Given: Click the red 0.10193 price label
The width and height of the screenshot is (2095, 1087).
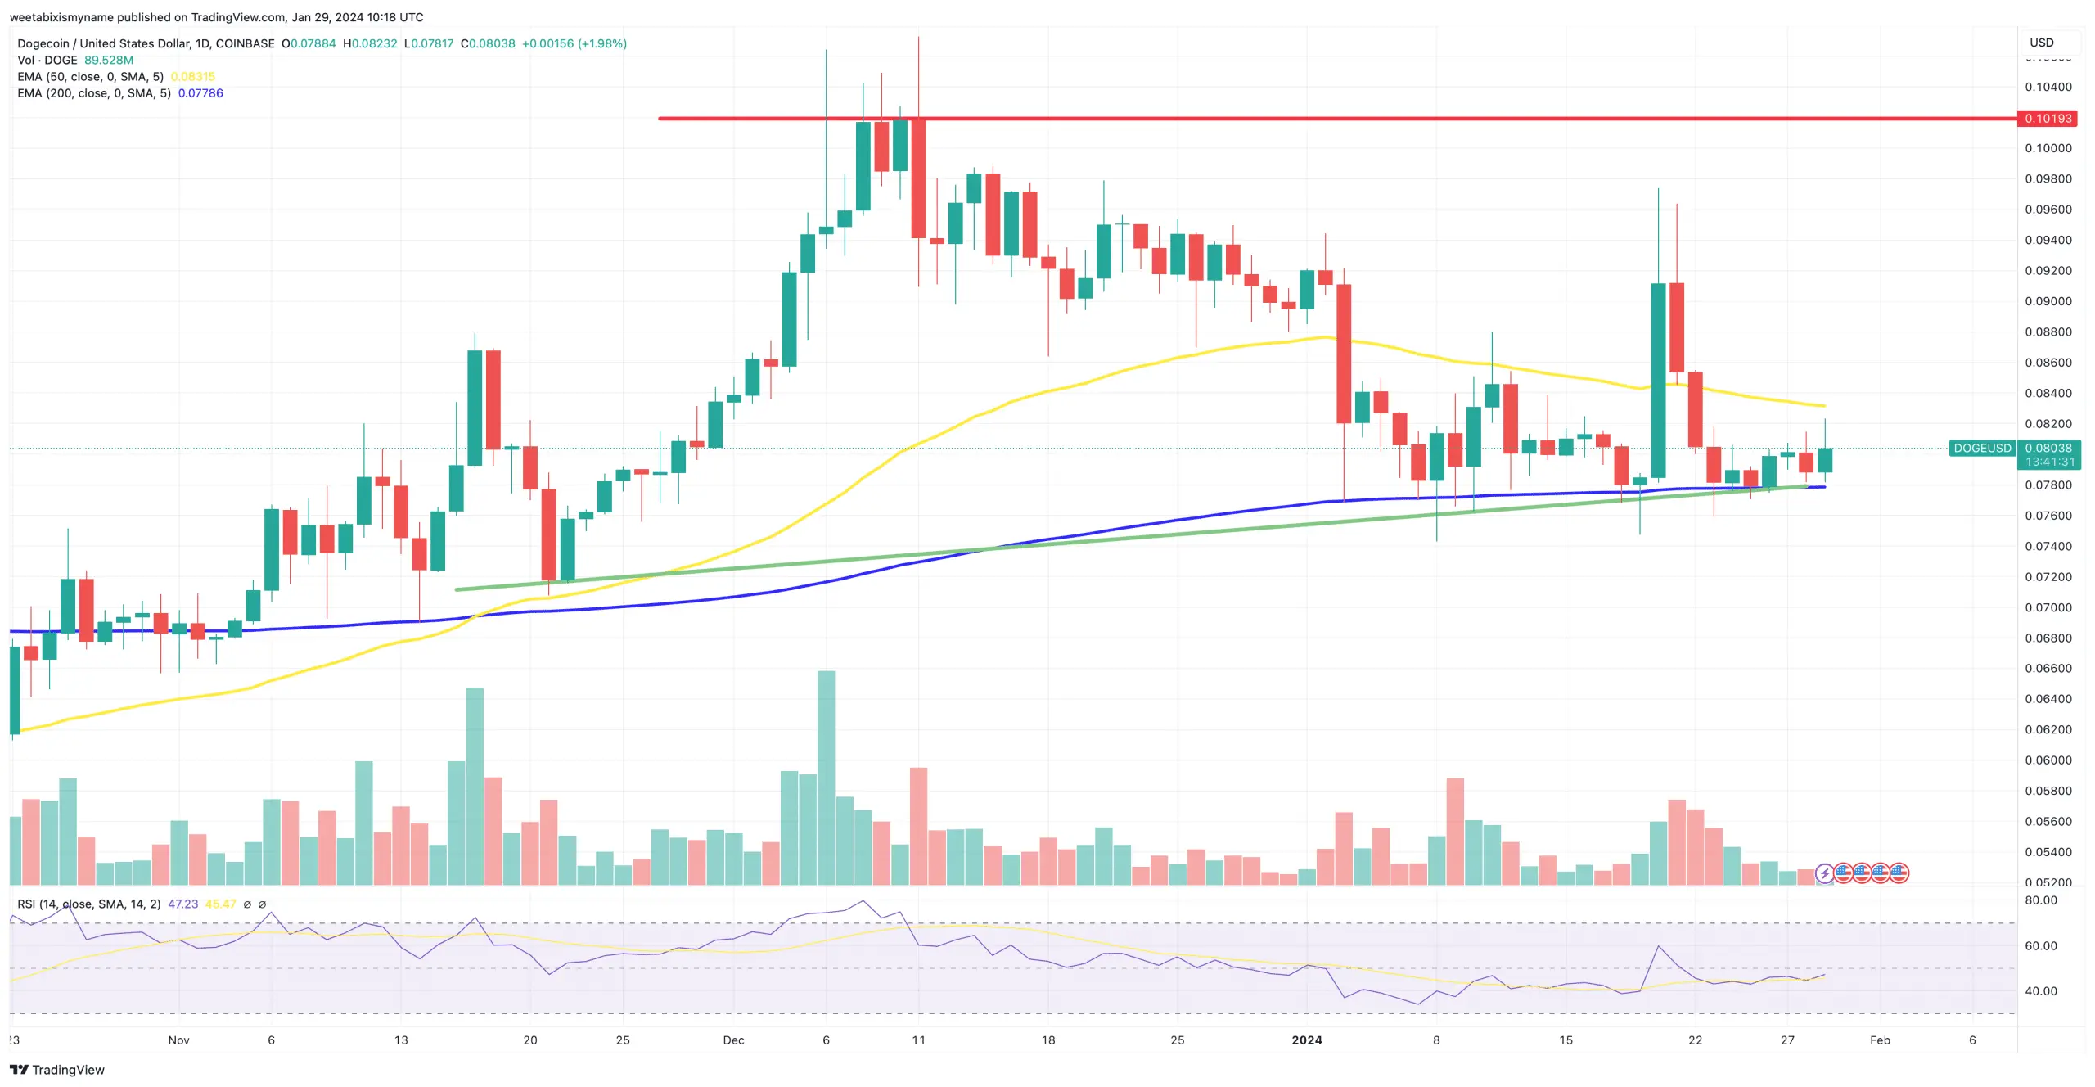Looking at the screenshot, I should tap(2048, 119).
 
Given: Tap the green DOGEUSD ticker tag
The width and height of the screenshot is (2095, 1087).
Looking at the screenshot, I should tap(1981, 449).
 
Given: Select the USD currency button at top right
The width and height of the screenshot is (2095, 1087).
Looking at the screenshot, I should tap(2041, 43).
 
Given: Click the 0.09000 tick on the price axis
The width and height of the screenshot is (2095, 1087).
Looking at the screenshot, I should tap(2048, 301).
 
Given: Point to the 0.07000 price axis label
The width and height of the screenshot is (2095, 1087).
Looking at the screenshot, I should tap(2048, 607).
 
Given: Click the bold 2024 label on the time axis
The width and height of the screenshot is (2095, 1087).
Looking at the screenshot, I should tap(1306, 1040).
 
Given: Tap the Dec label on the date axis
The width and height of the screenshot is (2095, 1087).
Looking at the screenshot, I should tap(733, 1040).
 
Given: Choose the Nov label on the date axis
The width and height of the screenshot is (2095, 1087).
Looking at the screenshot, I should tap(178, 1040).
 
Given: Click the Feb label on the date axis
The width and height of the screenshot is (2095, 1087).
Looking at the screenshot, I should tap(1880, 1040).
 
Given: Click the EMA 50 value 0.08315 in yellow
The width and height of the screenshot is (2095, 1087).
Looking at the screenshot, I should tap(193, 77).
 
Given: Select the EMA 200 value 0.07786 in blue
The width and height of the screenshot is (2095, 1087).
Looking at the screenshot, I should tap(200, 93).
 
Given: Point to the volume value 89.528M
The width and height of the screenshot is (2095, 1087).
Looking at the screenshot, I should tap(109, 61).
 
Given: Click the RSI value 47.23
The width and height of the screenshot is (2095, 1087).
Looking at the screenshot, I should tap(182, 904).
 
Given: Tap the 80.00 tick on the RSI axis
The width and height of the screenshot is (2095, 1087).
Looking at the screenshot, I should tap(2040, 900).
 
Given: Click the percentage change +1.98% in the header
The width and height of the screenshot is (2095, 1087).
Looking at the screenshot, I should tap(601, 43).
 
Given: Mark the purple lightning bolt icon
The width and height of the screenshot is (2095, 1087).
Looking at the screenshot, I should tap(1824, 873).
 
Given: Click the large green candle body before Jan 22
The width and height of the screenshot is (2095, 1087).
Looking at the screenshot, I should tap(1658, 381).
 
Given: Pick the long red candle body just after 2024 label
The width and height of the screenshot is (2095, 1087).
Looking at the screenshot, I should tap(1344, 354).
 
